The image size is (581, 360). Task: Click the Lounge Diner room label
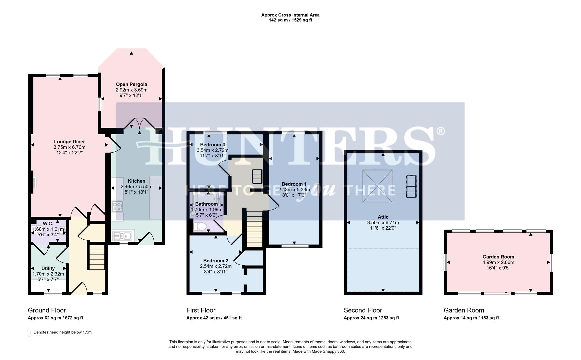(x=69, y=142)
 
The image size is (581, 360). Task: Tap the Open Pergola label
(x=131, y=84)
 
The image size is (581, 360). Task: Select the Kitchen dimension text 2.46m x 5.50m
(x=136, y=187)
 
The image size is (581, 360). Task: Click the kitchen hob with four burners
(x=117, y=207)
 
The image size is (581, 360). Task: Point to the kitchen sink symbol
(x=123, y=236)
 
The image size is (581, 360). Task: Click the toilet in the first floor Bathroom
(x=200, y=227)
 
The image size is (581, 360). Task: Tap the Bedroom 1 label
(x=294, y=184)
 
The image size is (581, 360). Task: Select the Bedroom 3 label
(x=212, y=145)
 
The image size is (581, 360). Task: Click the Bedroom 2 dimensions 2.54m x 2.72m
(x=216, y=266)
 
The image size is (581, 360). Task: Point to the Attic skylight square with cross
(x=377, y=186)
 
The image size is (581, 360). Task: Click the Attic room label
(x=383, y=217)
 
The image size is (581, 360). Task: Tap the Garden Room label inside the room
(x=498, y=257)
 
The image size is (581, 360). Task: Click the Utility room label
(x=48, y=268)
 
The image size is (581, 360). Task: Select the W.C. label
(x=48, y=224)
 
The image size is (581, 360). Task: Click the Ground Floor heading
(x=47, y=310)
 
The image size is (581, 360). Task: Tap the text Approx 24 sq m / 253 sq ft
(x=371, y=318)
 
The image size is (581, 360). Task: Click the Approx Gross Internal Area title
(x=290, y=15)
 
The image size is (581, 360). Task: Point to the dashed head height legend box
(x=29, y=333)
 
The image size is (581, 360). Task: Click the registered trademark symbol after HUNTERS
(x=440, y=131)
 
